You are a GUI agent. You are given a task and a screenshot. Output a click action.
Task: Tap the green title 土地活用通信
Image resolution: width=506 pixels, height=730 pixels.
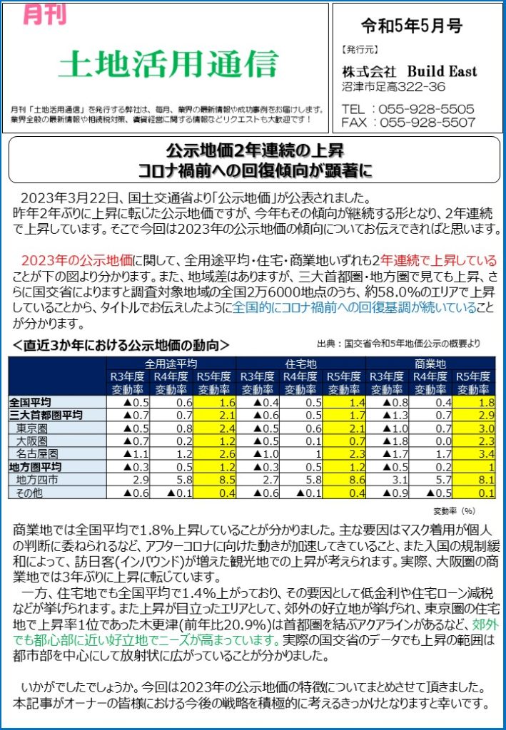pos(168,66)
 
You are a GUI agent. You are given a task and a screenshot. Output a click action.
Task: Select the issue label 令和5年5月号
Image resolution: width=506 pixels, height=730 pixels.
pos(412,28)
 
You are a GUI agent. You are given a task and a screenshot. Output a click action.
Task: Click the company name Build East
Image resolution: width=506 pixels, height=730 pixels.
pos(442,72)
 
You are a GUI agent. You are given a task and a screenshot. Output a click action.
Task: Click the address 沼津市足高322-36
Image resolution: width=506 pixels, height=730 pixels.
pos(394,87)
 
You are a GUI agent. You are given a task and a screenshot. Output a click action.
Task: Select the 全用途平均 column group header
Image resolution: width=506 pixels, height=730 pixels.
pos(171,363)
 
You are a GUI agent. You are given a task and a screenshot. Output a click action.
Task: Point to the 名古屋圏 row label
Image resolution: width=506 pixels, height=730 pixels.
pos(37,453)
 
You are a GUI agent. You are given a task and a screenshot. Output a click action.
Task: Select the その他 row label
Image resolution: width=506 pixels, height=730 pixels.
pos(32,492)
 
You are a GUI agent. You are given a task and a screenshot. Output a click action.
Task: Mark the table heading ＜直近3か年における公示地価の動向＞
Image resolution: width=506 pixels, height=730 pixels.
pos(121,346)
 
